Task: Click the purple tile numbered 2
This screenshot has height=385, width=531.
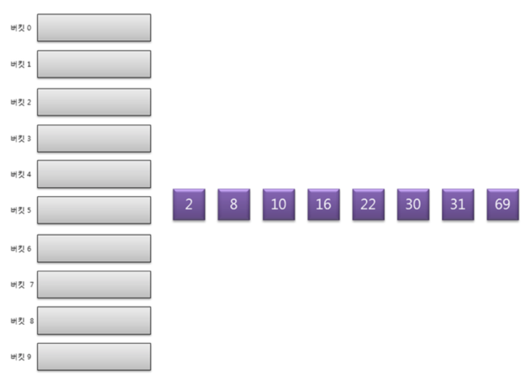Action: [x=189, y=204]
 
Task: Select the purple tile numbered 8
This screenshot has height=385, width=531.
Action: [x=233, y=204]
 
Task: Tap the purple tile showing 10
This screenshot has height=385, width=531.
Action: [x=279, y=204]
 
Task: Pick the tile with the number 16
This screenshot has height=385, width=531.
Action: [x=323, y=204]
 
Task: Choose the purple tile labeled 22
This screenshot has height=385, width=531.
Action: [x=368, y=204]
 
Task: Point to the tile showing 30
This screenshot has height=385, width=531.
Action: [x=413, y=204]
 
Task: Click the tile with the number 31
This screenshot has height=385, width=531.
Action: [x=458, y=204]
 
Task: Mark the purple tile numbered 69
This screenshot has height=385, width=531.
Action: [x=502, y=204]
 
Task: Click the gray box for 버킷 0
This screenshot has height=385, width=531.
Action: [x=94, y=27]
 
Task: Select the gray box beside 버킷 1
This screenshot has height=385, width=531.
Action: [x=94, y=63]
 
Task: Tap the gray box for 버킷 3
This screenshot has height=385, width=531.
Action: [x=94, y=138]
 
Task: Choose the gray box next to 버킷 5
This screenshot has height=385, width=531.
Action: [x=94, y=210]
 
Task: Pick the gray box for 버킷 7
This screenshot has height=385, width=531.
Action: [x=94, y=284]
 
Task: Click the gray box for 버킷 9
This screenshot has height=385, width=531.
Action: [x=94, y=356]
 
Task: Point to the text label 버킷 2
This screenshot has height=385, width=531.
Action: [x=21, y=102]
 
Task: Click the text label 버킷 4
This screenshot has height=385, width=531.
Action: [x=21, y=175]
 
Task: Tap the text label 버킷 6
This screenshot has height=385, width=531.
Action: [x=21, y=248]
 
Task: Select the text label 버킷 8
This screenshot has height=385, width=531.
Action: [x=21, y=321]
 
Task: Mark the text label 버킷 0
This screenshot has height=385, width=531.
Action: [x=21, y=28]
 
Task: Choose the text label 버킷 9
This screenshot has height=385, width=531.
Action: [x=21, y=357]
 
